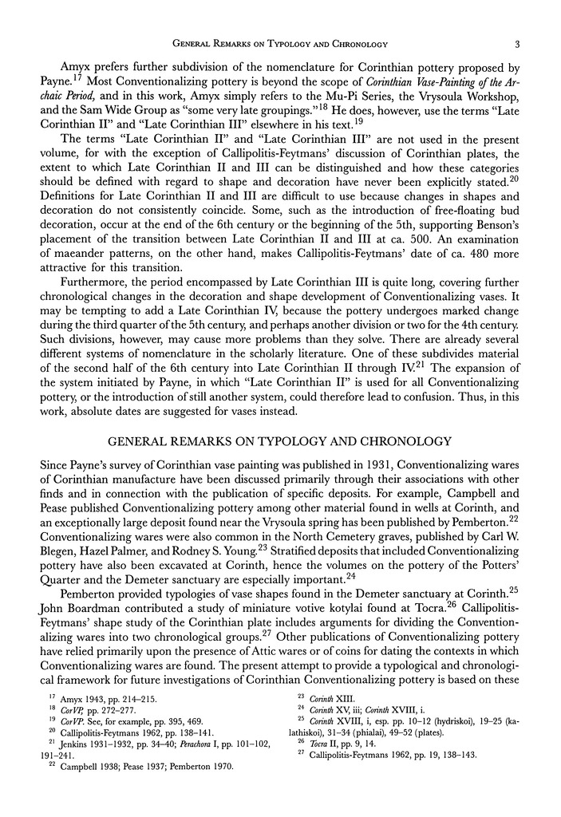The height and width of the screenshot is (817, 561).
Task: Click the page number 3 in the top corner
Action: (517, 44)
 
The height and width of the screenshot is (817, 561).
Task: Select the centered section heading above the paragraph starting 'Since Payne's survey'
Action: (280, 440)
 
